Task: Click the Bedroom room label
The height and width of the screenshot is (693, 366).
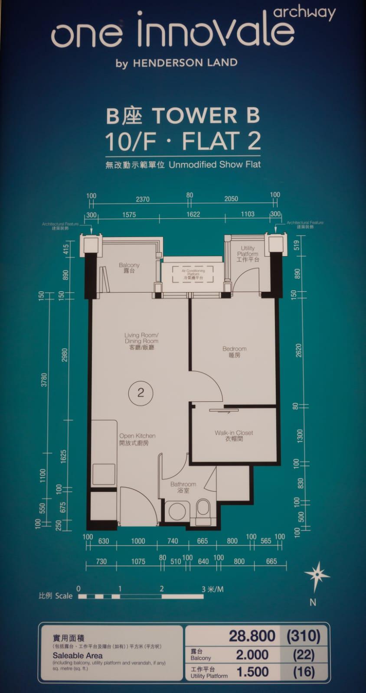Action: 234,351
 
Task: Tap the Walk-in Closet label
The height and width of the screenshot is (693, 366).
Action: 234,436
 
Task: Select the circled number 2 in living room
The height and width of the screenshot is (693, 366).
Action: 141,393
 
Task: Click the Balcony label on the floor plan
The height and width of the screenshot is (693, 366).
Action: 129,267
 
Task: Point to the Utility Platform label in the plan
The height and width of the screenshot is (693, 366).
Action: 248,254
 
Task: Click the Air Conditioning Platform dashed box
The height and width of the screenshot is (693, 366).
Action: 193,274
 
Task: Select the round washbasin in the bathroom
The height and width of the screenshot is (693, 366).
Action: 177,510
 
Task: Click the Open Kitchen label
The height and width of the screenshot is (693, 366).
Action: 137,439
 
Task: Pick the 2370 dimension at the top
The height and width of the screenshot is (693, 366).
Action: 143,199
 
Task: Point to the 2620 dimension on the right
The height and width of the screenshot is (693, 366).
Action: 298,350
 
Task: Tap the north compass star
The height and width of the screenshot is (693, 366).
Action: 317,575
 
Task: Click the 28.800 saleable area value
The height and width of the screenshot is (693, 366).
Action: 252,636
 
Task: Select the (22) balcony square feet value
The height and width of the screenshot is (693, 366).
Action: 304,654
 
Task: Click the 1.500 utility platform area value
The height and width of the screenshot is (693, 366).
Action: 252,672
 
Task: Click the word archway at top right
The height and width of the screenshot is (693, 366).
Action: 304,13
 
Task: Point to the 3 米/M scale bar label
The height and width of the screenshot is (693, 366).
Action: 212,589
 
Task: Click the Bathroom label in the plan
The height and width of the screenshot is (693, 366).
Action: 183,487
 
